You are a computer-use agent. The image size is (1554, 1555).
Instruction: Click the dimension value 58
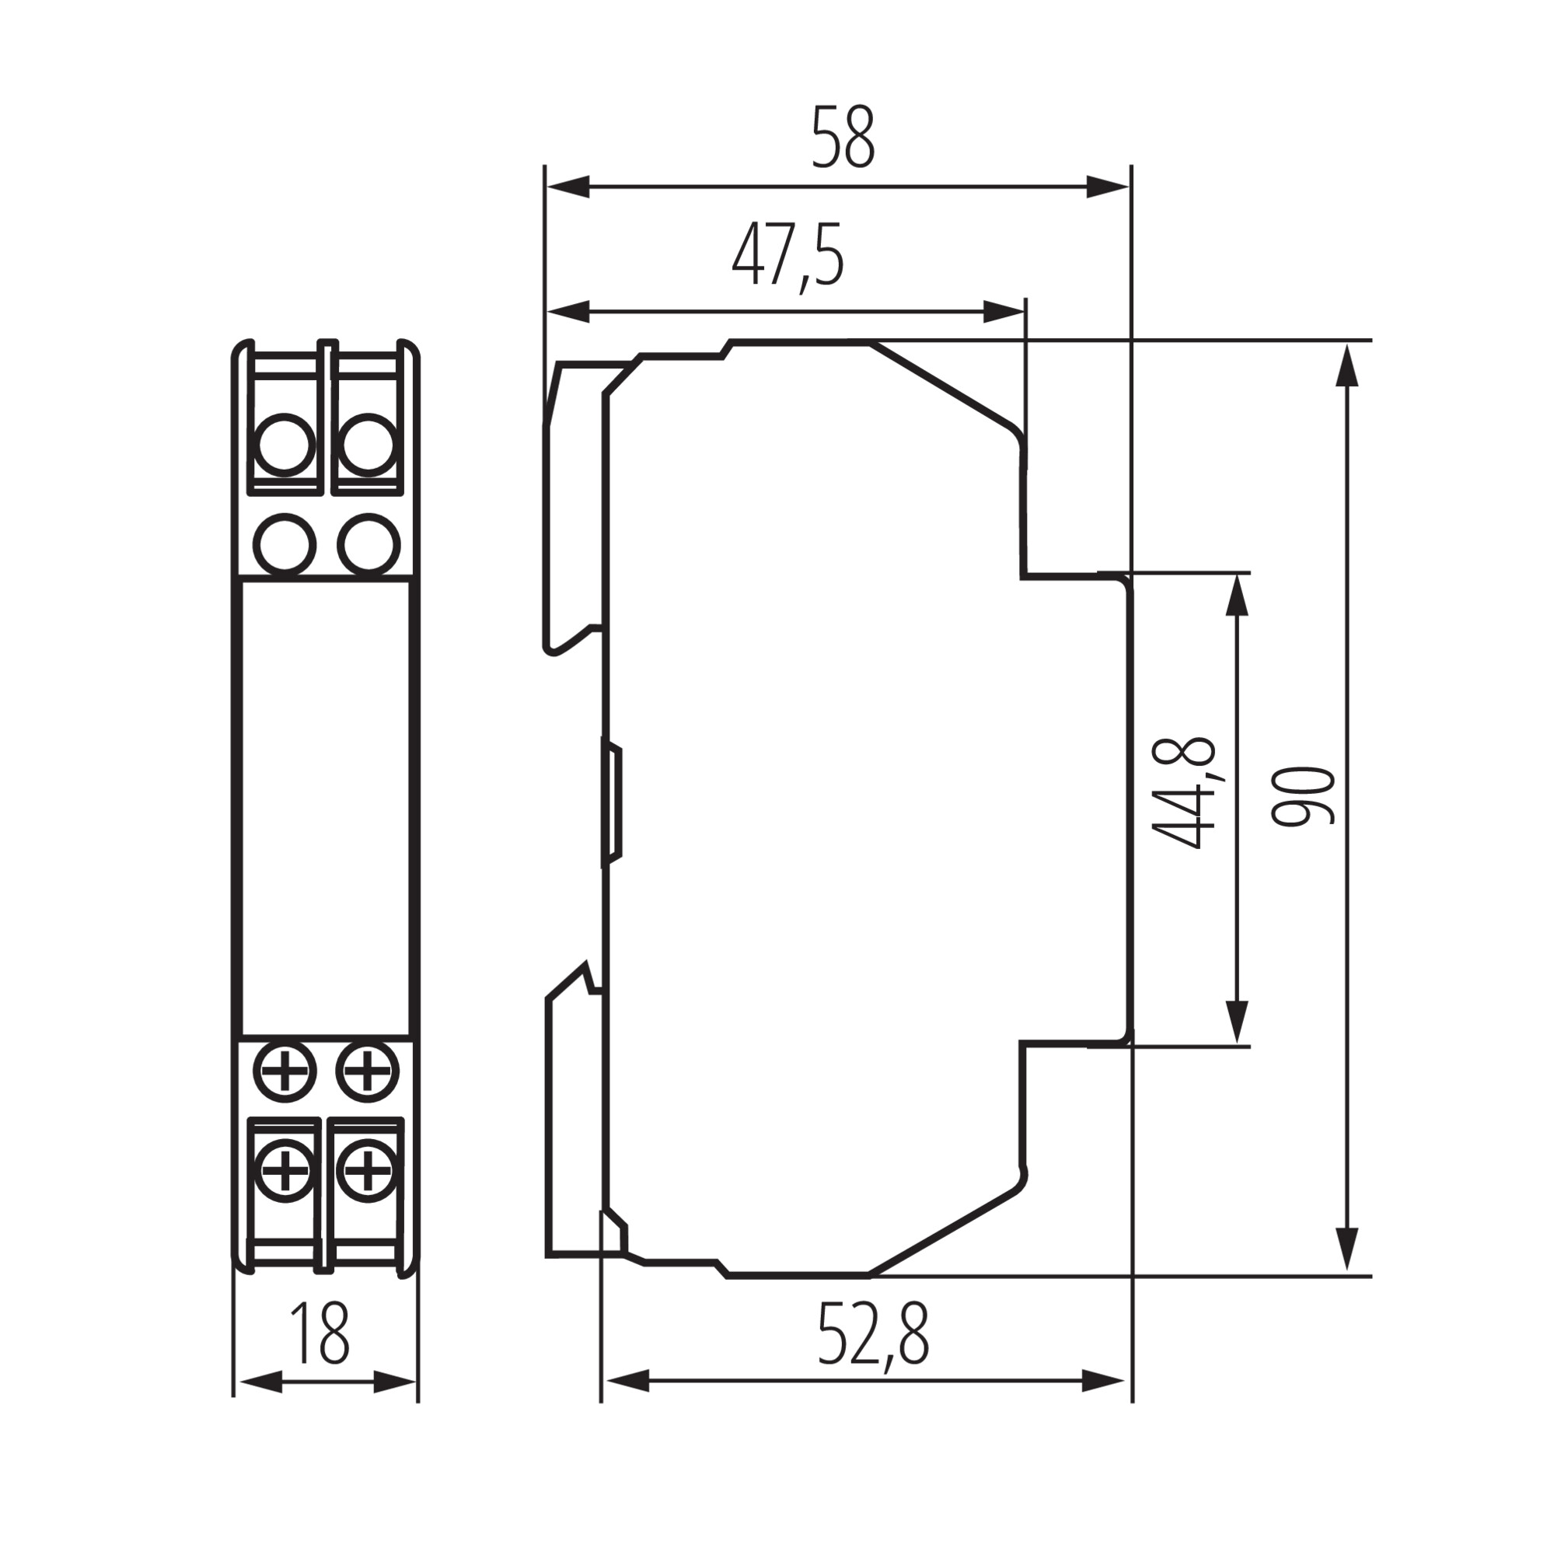[842, 137]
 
